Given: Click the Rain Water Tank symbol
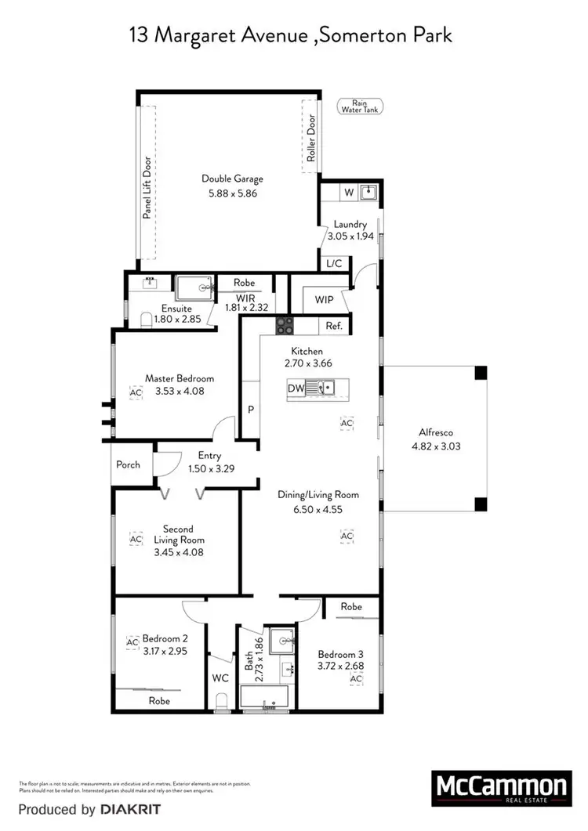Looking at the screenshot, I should pos(360,107).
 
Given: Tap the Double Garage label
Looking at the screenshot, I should pos(232,179).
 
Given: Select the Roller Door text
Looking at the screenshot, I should pos(311,139).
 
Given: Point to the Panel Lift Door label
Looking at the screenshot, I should pos(147,187).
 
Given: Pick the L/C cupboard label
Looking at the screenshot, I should pos(334,264).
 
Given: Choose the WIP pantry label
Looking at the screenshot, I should pos(325,299).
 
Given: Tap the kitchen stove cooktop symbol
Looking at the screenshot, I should pos(284,325).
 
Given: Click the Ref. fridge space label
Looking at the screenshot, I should pos(334,325).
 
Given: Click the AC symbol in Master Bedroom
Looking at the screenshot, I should pos(136,392).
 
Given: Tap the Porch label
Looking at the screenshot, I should pos(129,464).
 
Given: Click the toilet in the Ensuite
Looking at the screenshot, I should pos(147,320).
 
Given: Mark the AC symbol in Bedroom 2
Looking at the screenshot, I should pos(132,642).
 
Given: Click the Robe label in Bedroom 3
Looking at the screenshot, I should pos(351,606).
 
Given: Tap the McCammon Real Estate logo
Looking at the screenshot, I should pos(499,788).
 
